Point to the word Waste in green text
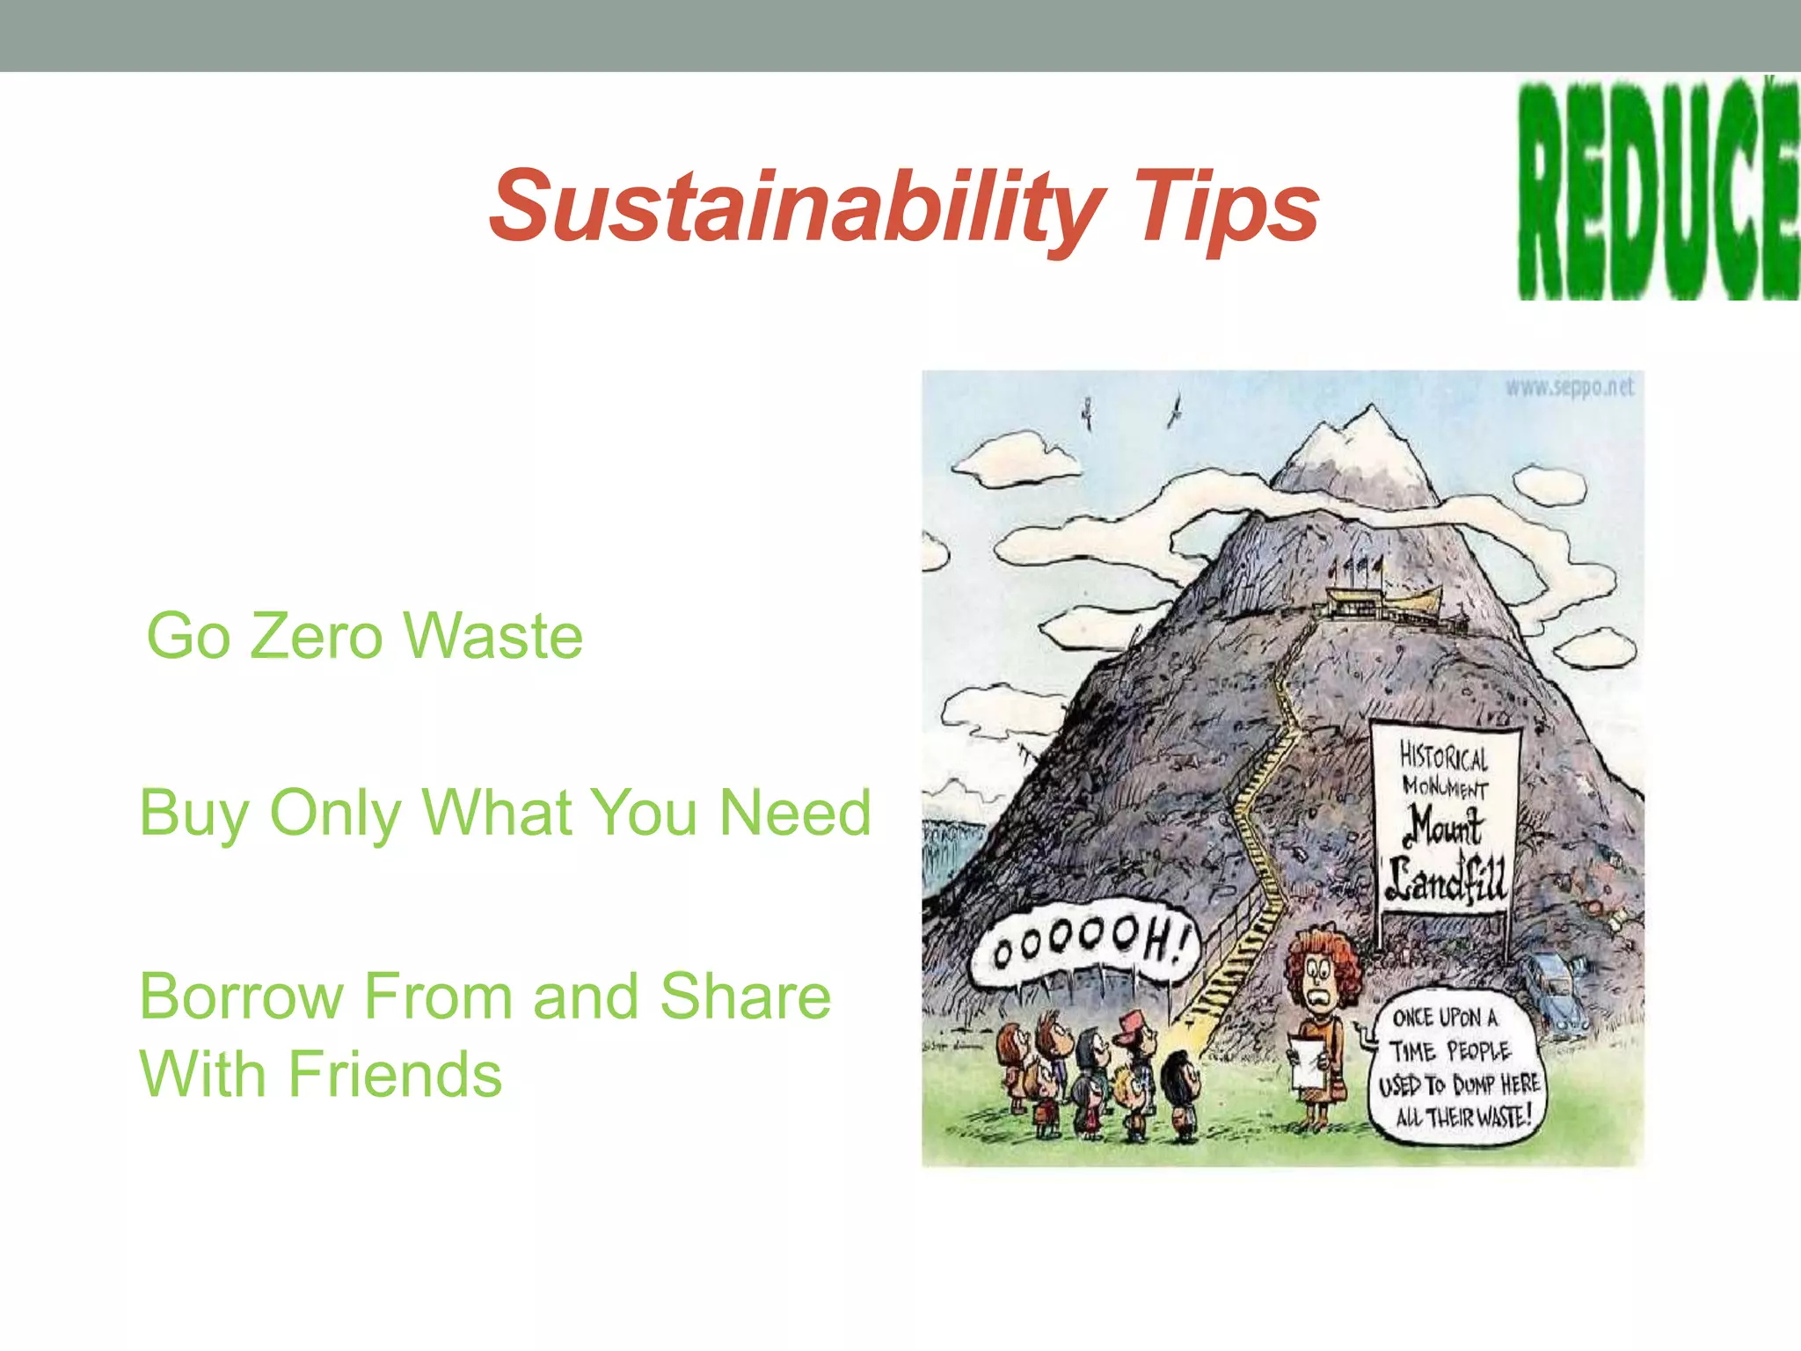coord(493,636)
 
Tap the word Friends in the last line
coord(395,1075)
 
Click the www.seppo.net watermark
coord(1570,387)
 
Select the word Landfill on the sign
coord(1447,880)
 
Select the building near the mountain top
coord(1381,603)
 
